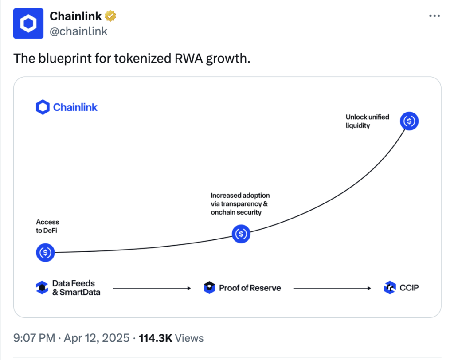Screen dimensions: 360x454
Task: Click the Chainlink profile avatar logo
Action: click(28, 23)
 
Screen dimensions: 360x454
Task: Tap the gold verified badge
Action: click(110, 16)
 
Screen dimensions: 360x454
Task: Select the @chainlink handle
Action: click(78, 31)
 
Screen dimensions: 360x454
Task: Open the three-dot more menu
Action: click(434, 16)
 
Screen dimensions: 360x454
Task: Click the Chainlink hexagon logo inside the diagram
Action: click(43, 107)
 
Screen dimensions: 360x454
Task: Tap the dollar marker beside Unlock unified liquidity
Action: click(409, 121)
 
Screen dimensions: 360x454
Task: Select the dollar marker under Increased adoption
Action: click(242, 233)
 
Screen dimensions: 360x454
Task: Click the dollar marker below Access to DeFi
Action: click(45, 252)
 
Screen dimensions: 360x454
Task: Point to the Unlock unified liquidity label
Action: click(367, 121)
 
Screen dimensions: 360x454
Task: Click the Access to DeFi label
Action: click(47, 226)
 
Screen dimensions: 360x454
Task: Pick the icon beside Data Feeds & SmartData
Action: click(42, 288)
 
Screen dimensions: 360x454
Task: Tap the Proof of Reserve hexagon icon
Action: click(209, 288)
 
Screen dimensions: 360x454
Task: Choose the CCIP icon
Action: click(389, 288)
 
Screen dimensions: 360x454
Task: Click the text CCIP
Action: click(408, 288)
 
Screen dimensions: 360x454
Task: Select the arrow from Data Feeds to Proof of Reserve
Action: click(152, 288)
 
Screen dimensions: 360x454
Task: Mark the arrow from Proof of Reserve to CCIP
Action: click(332, 288)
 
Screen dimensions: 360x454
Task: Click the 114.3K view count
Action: click(156, 338)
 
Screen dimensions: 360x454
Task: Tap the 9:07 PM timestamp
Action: click(35, 338)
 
